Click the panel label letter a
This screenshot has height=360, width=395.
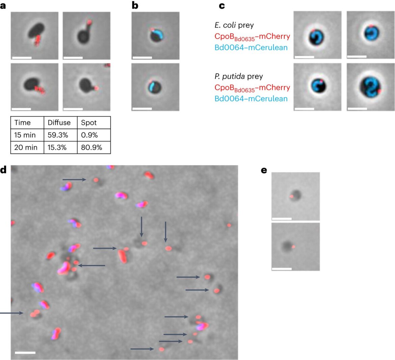[x=3, y=5]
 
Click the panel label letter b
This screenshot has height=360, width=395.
[x=135, y=5]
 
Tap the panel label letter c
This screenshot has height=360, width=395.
[x=222, y=5]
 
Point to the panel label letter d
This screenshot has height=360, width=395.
[x=3, y=170]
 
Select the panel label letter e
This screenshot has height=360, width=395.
[x=264, y=171]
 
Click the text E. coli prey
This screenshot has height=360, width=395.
[x=234, y=25]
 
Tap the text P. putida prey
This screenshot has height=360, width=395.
[x=239, y=76]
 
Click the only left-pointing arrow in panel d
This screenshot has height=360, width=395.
[x=92, y=265]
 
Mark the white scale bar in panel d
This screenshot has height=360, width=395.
[x=25, y=353]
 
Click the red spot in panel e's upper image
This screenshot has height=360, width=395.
[x=291, y=196]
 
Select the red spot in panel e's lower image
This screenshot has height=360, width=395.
[x=293, y=247]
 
